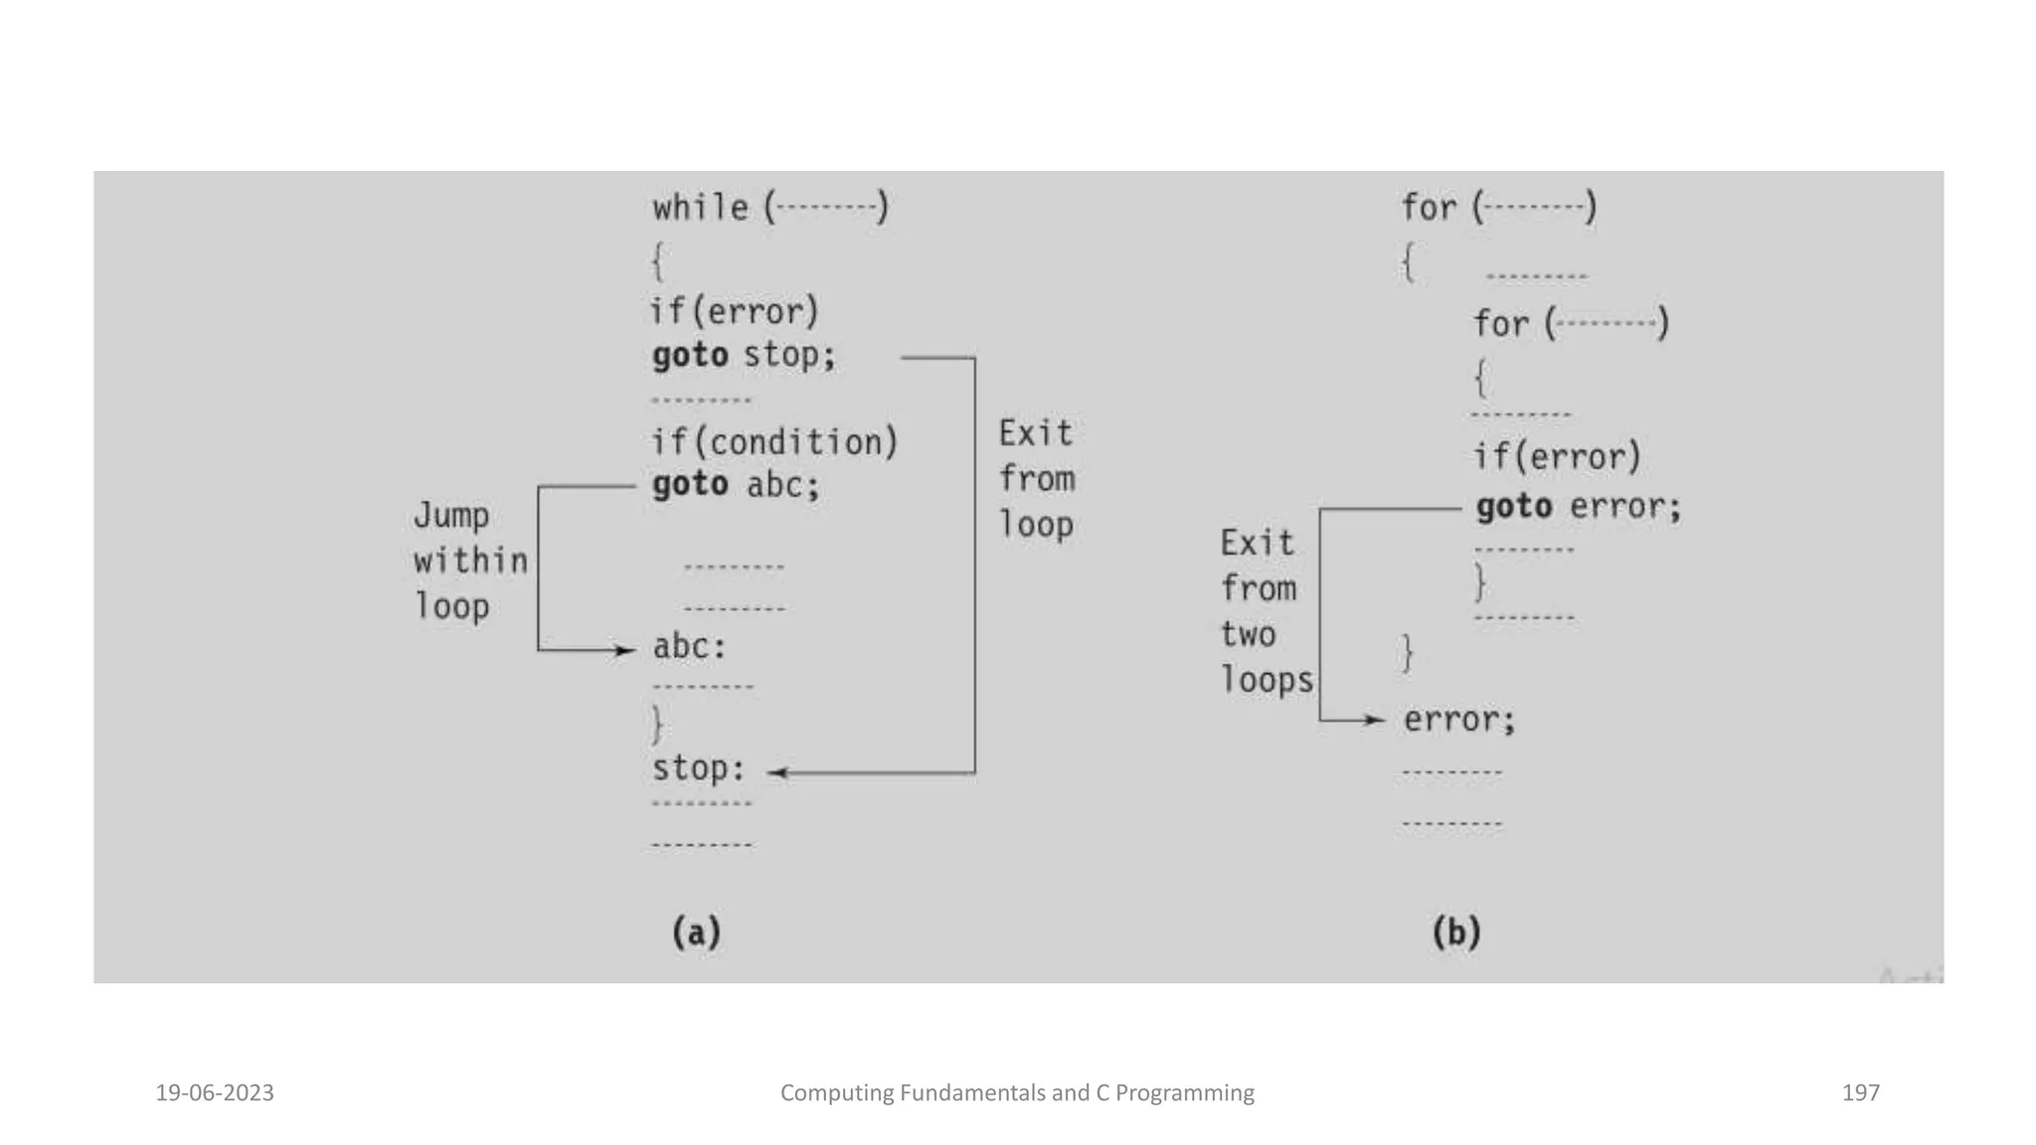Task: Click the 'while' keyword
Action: tap(700, 208)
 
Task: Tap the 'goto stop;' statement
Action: tap(744, 355)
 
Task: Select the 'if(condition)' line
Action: tap(773, 441)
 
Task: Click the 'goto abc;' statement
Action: tap(736, 485)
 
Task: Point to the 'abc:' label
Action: tap(689, 647)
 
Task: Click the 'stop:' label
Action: tap(698, 768)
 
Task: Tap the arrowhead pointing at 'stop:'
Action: tap(776, 772)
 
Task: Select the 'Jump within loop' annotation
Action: tap(469, 561)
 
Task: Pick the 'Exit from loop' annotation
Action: tap(1036, 479)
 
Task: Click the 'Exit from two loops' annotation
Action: tap(1265, 611)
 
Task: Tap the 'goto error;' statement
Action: tap(1578, 507)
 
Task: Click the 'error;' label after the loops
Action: tap(1458, 720)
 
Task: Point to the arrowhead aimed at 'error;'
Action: tap(1377, 720)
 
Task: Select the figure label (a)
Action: tap(696, 932)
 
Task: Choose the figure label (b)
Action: tap(1456, 932)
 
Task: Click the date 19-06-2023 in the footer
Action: tap(215, 1093)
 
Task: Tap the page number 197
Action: tap(1860, 1093)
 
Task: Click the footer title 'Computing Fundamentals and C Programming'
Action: tap(1017, 1093)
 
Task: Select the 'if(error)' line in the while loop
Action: tap(734, 311)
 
